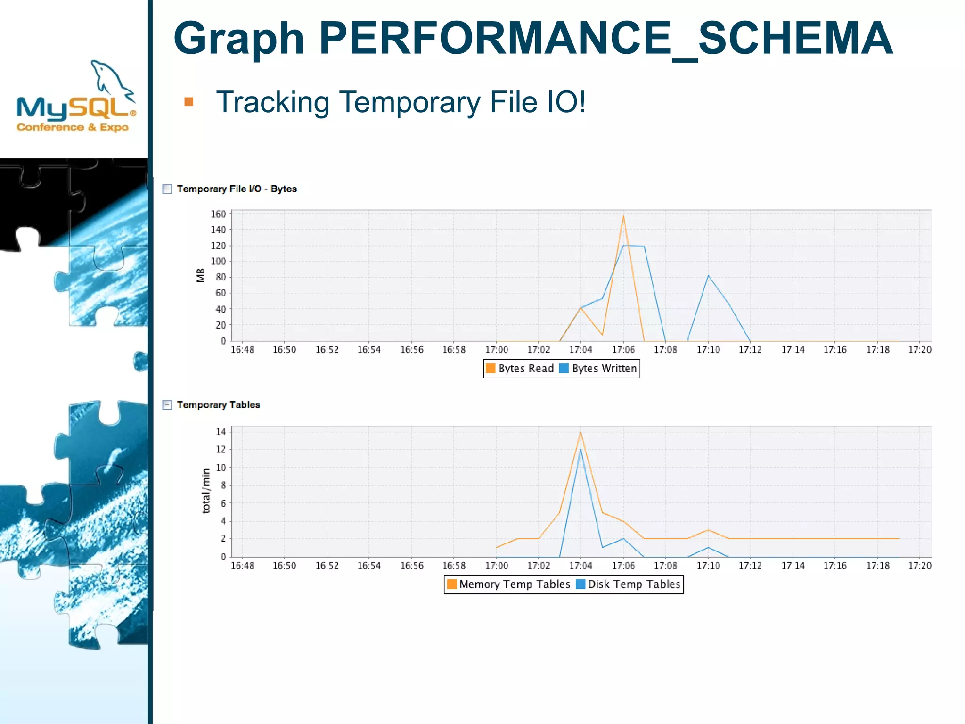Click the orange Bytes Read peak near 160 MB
coord(623,216)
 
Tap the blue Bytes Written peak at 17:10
coord(708,276)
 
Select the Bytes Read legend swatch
coord(491,368)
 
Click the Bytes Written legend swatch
coord(564,368)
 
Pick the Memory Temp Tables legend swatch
coord(451,584)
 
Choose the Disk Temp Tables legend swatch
coord(581,584)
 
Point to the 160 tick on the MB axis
coord(218,214)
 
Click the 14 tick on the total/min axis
coord(221,432)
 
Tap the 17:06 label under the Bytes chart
coord(623,350)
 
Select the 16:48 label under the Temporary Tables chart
coord(242,566)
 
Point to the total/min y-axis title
coord(206,491)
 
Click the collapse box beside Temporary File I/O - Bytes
coord(167,189)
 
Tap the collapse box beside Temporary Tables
coord(167,405)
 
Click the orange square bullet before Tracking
coord(189,102)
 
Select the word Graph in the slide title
coord(238,40)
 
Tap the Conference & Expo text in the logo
coord(73,127)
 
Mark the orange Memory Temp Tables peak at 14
coord(581,432)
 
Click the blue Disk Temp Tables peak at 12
coord(581,449)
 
